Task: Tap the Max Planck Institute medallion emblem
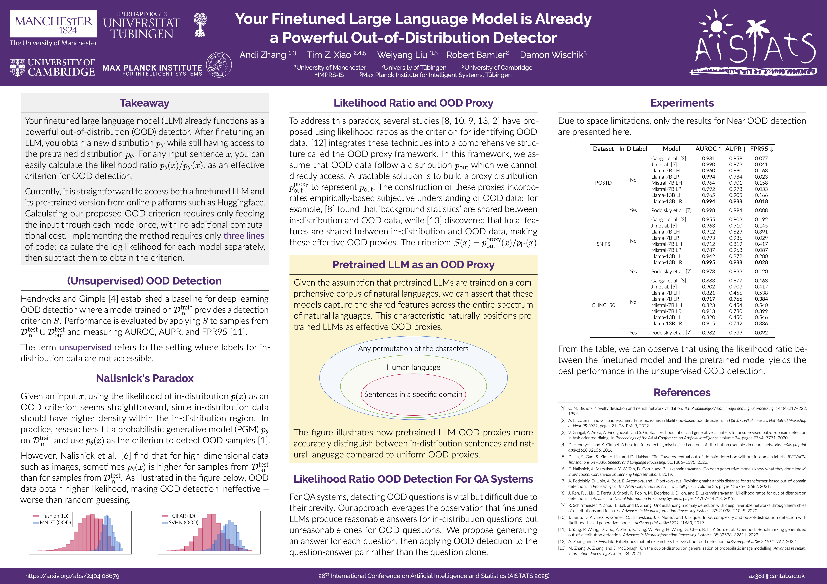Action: click(219, 65)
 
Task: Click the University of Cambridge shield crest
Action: click(17, 67)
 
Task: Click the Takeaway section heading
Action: click(144, 103)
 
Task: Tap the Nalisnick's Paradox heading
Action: click(144, 378)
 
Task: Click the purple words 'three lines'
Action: click(244, 236)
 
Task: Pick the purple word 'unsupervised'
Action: click(85, 347)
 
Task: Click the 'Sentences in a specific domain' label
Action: click(413, 394)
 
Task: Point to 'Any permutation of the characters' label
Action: click(413, 349)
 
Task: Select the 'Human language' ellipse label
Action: click(413, 367)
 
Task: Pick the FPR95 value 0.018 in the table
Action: click(761, 201)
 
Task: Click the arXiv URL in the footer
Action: click(72, 576)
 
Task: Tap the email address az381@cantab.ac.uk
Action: click(776, 576)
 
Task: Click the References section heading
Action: click(682, 393)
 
